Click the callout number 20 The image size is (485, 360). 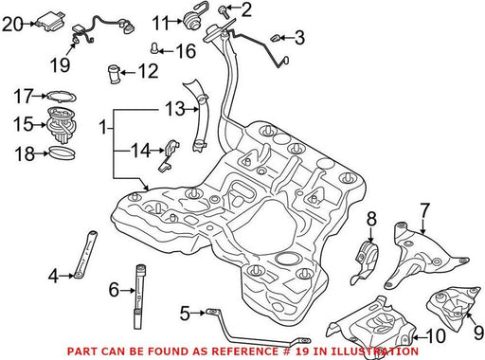12,24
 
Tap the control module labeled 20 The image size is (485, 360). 50,22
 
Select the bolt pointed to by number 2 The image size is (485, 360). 223,11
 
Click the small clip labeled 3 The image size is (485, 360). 276,39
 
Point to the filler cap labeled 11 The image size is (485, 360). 191,20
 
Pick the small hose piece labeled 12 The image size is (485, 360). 114,74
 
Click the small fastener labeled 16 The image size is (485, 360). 154,48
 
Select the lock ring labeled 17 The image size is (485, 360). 62,97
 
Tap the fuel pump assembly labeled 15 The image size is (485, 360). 62,125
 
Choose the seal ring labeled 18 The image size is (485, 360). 63,153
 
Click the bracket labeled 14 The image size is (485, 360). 168,154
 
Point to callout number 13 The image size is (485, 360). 175,109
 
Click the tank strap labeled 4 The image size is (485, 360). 85,256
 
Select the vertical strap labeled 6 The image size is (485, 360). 141,297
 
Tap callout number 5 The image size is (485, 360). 185,314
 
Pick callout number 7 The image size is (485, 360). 424,210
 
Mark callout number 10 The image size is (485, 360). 435,336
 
